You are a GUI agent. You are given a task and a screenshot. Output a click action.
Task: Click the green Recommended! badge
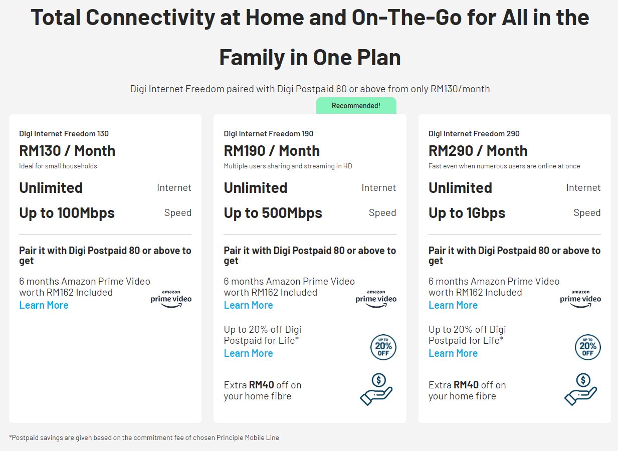(356, 106)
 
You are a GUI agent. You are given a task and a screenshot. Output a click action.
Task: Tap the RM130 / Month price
(67, 151)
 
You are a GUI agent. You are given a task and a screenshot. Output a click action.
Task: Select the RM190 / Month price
(272, 151)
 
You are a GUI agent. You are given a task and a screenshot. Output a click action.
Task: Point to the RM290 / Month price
(478, 151)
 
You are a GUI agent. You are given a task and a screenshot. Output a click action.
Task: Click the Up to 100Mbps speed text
(67, 213)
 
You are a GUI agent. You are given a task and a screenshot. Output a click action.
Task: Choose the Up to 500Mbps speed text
(273, 213)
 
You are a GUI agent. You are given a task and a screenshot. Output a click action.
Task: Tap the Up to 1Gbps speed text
(467, 213)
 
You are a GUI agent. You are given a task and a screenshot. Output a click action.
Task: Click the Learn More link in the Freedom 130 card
(44, 305)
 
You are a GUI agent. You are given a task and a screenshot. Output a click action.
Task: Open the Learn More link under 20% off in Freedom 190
(248, 353)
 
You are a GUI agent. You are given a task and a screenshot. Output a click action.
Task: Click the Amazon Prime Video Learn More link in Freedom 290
(453, 305)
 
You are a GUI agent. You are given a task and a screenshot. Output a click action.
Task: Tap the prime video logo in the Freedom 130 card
(171, 299)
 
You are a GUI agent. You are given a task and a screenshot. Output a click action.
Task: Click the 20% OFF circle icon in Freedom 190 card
(383, 347)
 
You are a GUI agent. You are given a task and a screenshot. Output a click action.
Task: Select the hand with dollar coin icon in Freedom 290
(580, 389)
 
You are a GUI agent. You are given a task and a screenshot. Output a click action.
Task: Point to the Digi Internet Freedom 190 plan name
(269, 134)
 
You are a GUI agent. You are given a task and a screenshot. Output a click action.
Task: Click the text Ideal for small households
(58, 166)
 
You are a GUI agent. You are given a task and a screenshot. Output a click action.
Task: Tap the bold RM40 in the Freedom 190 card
(261, 385)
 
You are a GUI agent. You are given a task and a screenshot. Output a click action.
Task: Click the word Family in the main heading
(252, 58)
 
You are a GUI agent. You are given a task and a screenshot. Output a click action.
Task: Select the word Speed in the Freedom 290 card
(587, 212)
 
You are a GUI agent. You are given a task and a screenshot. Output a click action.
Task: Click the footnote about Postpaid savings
(144, 438)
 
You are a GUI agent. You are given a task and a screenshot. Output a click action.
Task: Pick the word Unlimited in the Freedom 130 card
(51, 188)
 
